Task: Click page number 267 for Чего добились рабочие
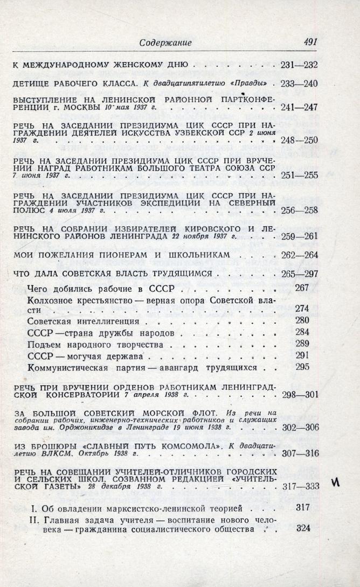point(302,288)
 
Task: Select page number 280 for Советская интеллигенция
point(302,321)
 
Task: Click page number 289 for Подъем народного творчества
point(302,344)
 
